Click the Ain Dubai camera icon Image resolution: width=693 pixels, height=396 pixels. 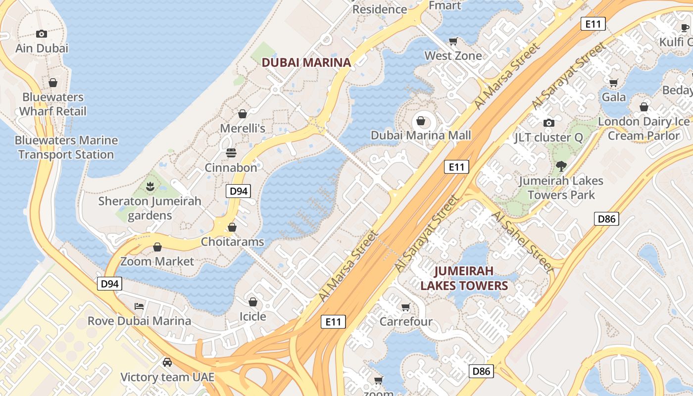pos(42,34)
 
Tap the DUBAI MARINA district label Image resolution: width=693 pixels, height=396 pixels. pos(306,62)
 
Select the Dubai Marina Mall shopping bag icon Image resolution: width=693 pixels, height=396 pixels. pos(421,121)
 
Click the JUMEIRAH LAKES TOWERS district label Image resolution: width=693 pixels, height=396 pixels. pos(464,278)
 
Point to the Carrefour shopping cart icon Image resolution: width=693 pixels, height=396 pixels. pos(406,307)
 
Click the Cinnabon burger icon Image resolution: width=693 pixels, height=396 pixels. pos(231,153)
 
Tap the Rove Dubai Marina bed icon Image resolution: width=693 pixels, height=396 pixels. pos(139,306)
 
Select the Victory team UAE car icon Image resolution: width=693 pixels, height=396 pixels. pos(167,362)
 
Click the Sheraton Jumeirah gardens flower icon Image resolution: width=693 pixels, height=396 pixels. pos(150,187)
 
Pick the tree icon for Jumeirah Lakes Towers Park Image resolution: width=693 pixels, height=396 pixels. pos(561,166)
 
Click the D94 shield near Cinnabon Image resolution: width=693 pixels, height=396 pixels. pos(238,191)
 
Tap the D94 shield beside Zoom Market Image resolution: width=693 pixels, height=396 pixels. pos(109,284)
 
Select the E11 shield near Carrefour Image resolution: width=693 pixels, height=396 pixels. pos(333,322)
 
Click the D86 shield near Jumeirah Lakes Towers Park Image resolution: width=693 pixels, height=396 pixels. pos(606,218)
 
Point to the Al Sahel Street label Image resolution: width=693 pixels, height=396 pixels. pos(522,242)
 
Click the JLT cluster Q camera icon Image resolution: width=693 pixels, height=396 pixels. pos(548,123)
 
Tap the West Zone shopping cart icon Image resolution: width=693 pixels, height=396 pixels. pos(453,41)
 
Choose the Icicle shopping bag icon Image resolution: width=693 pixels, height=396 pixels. pos(253,302)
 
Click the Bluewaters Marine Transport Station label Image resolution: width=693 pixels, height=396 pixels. pos(66,148)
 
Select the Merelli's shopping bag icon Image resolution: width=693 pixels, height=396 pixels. pos(243,114)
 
